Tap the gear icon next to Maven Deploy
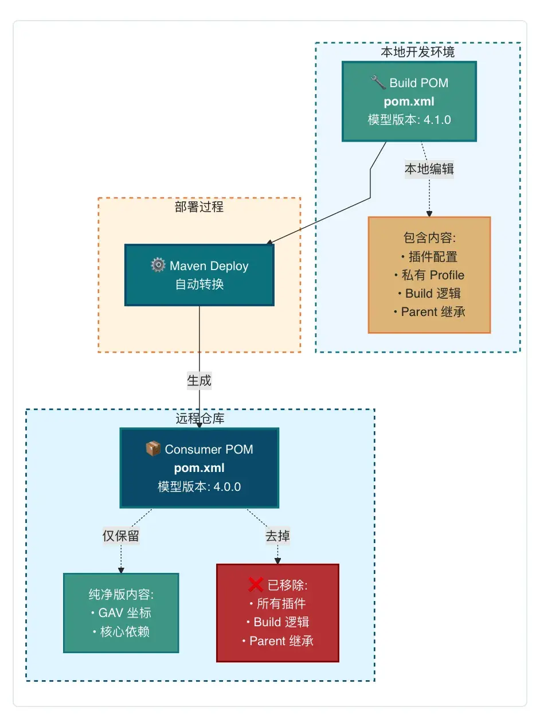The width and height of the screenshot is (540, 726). click(x=158, y=266)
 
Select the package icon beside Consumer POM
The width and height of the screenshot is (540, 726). click(x=153, y=449)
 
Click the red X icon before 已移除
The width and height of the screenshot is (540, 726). click(x=256, y=585)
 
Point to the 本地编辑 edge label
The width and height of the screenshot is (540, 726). click(x=429, y=169)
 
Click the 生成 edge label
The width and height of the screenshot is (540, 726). click(x=199, y=380)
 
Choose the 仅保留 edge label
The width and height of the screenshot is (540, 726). click(x=121, y=536)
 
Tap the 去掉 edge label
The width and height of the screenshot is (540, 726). click(x=277, y=536)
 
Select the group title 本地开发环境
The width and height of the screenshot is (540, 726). click(x=418, y=52)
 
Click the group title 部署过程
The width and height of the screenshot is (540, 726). click(x=199, y=206)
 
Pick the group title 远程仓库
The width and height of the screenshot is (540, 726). click(x=199, y=419)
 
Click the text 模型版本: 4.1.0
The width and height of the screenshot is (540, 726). click(x=409, y=120)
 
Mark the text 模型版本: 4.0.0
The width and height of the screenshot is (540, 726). click(x=199, y=487)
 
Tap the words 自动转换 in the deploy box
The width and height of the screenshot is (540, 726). click(x=199, y=284)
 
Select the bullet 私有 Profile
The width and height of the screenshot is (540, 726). click(x=429, y=275)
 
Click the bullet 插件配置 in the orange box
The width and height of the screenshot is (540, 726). click(x=429, y=257)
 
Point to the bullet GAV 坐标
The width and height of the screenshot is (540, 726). click(x=121, y=613)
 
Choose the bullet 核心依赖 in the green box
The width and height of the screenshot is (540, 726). click(x=121, y=631)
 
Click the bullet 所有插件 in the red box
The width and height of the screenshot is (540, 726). click(x=277, y=604)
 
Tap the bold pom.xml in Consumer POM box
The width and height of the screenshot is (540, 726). click(x=199, y=468)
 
